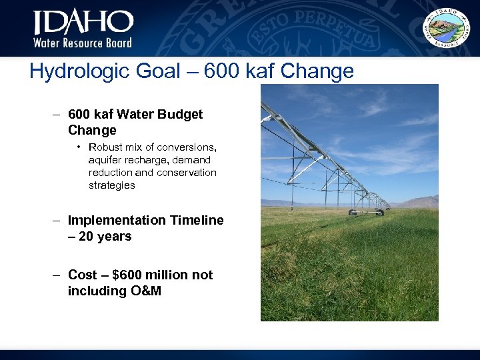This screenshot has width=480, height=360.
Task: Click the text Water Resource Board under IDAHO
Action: [x=83, y=43]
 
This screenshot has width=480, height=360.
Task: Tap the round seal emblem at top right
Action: [x=447, y=27]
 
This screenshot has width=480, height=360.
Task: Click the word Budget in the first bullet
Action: [x=179, y=114]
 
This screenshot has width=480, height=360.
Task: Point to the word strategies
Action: [x=112, y=185]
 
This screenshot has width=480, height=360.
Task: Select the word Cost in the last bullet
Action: [x=83, y=275]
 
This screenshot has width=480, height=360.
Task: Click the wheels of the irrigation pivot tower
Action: [x=366, y=213]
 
